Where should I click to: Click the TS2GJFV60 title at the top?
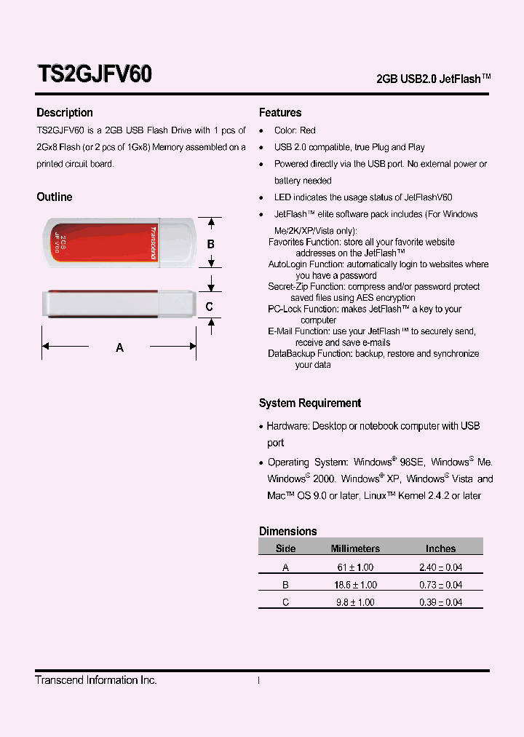click(x=94, y=74)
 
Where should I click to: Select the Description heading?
click(x=65, y=113)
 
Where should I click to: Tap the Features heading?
click(x=280, y=113)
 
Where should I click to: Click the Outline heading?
click(x=55, y=197)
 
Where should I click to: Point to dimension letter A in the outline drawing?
click(x=120, y=348)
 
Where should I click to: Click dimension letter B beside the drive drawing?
click(x=211, y=244)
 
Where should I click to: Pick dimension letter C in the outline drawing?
click(x=210, y=307)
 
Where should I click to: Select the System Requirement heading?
click(x=310, y=403)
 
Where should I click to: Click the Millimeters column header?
click(x=355, y=548)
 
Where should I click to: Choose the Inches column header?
click(x=440, y=548)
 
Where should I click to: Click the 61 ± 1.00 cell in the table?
click(x=355, y=567)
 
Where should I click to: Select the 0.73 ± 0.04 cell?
click(x=440, y=585)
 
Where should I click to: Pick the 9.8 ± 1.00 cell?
click(x=355, y=602)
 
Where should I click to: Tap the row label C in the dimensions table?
click(x=286, y=602)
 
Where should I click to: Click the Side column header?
click(x=286, y=548)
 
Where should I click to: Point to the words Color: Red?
click(x=295, y=130)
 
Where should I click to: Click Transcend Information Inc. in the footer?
click(x=96, y=680)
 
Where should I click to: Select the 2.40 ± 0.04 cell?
click(x=440, y=567)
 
